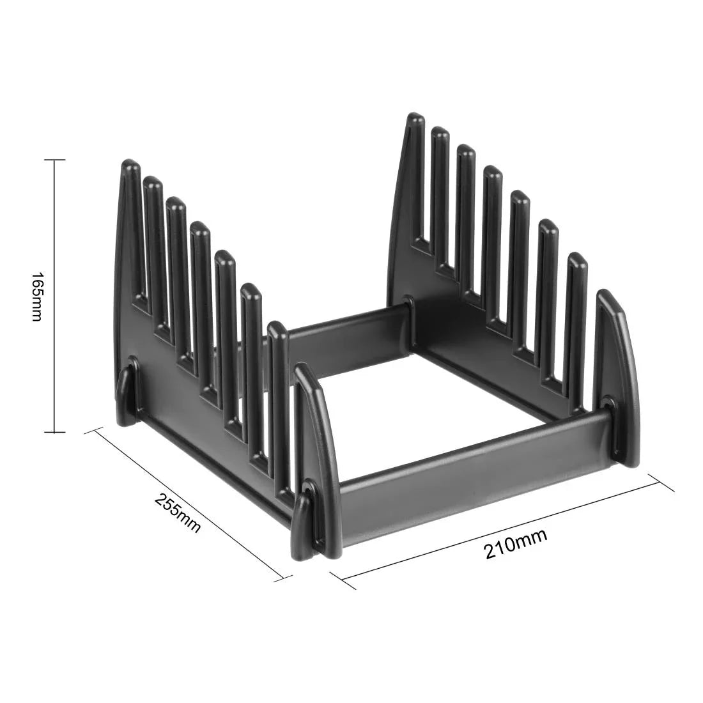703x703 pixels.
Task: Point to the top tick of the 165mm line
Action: tap(54, 160)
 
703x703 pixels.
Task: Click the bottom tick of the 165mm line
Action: tap(54, 433)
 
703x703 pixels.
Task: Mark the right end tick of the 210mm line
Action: tap(662, 483)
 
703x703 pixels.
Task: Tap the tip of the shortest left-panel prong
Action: tap(276, 327)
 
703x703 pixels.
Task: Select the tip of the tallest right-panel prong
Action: tap(415, 119)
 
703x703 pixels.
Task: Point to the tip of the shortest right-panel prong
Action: tap(577, 258)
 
